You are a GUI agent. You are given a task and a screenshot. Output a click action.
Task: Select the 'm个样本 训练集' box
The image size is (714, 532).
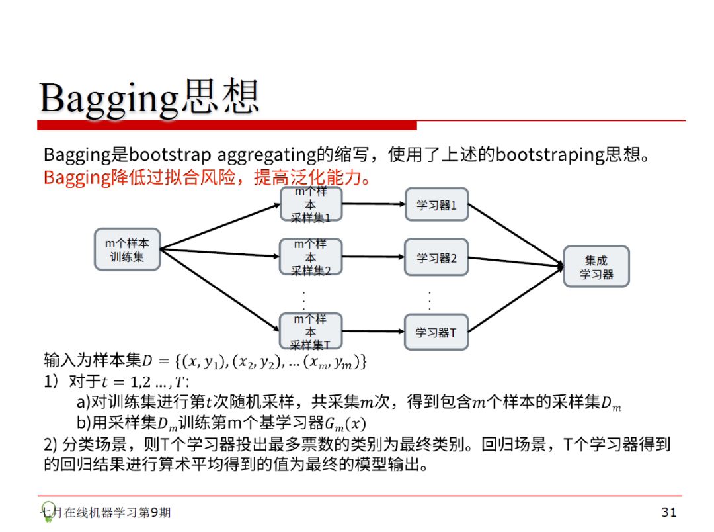(x=127, y=249)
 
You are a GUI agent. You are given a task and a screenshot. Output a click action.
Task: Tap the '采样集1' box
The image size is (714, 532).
(x=311, y=204)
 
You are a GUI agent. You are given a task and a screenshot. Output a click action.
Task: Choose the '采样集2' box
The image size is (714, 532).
(x=311, y=257)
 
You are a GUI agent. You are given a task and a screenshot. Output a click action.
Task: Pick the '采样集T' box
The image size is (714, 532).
(x=311, y=332)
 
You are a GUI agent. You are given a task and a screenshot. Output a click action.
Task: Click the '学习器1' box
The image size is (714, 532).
(x=436, y=205)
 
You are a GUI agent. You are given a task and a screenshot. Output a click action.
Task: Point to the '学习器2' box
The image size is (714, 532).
(x=436, y=258)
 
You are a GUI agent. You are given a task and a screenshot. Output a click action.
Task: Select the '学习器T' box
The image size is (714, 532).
(x=436, y=332)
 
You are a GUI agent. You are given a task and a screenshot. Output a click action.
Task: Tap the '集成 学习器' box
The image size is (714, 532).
(x=596, y=267)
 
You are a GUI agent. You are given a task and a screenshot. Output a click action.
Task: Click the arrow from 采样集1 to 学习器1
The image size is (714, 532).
(x=374, y=204)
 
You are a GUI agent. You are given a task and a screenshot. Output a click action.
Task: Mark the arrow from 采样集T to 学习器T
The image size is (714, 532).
(x=374, y=331)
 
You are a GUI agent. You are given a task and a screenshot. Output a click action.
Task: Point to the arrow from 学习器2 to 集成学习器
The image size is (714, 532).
(x=516, y=262)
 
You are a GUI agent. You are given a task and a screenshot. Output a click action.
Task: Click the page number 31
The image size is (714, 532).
(x=668, y=512)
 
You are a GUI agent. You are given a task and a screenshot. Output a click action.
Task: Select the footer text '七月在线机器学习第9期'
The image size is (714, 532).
(x=106, y=513)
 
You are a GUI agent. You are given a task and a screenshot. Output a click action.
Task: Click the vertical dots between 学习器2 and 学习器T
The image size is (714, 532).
(x=430, y=300)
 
